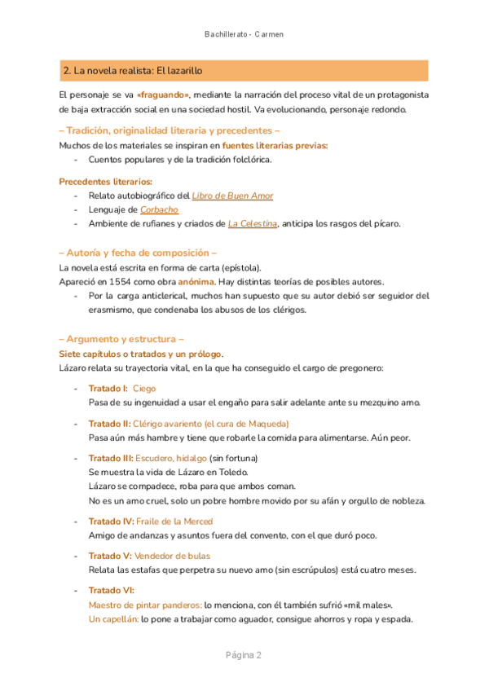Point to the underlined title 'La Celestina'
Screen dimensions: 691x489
click(x=253, y=223)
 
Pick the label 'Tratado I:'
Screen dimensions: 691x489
click(x=108, y=389)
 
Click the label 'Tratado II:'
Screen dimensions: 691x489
click(x=109, y=424)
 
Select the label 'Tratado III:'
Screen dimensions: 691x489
click(x=111, y=458)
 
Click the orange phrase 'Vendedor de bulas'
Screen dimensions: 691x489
click(x=169, y=555)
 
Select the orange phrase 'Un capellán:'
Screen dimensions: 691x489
click(x=112, y=618)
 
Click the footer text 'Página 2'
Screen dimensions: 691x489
click(x=244, y=655)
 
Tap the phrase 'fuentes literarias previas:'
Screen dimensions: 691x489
click(x=275, y=145)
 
